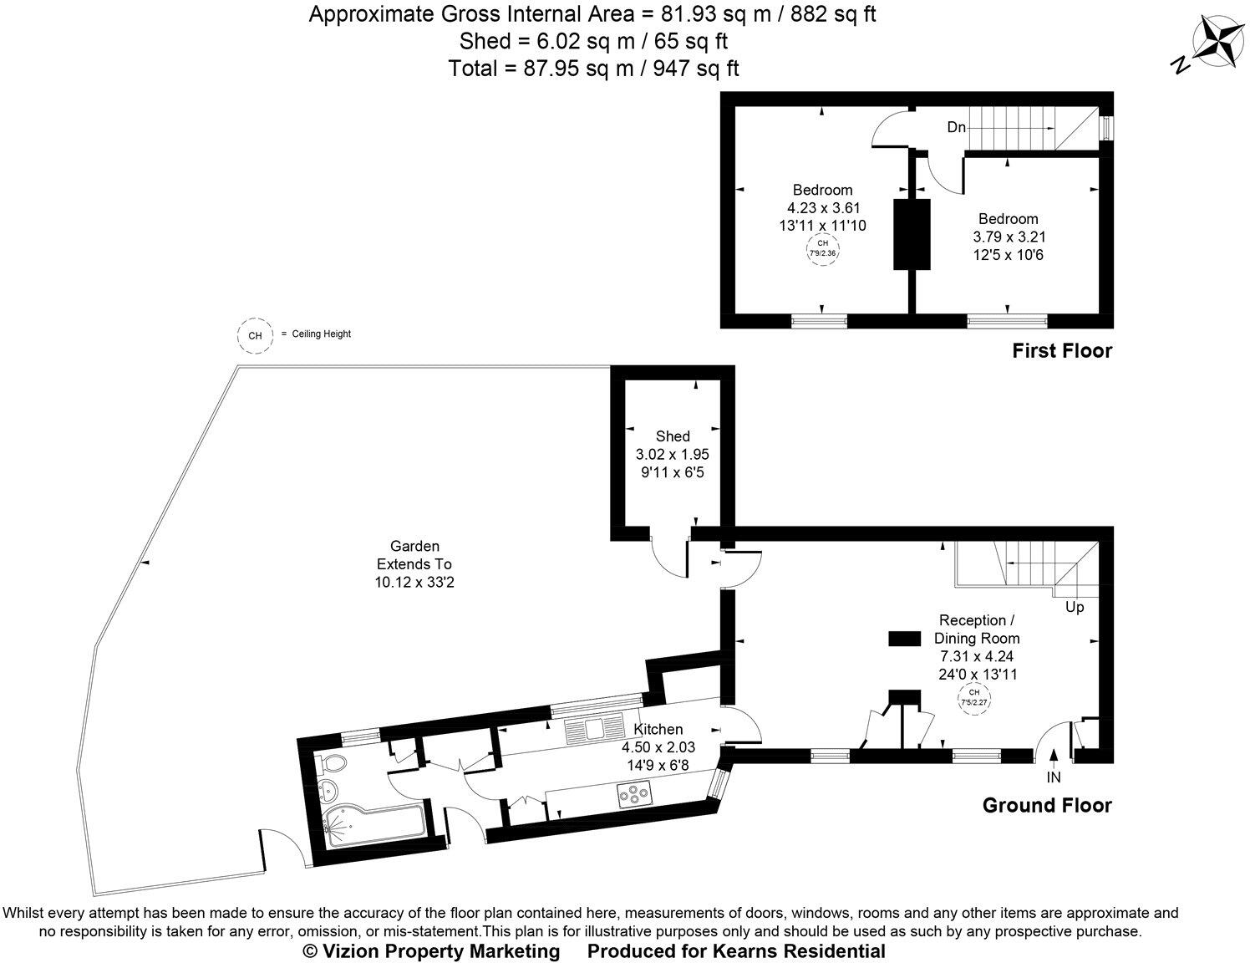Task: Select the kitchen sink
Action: tap(594, 731)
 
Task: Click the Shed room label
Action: tap(673, 436)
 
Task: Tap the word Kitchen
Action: tap(658, 730)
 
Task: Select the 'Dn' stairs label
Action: tap(957, 128)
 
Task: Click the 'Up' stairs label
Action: tap(1075, 607)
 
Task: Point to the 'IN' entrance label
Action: tap(1054, 777)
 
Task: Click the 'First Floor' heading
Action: tap(1062, 351)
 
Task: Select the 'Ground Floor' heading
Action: tap(1047, 806)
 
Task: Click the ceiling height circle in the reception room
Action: tap(973, 697)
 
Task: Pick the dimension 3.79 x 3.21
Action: tap(1009, 237)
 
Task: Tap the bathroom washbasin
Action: tap(328, 789)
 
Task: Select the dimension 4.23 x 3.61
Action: tap(823, 207)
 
